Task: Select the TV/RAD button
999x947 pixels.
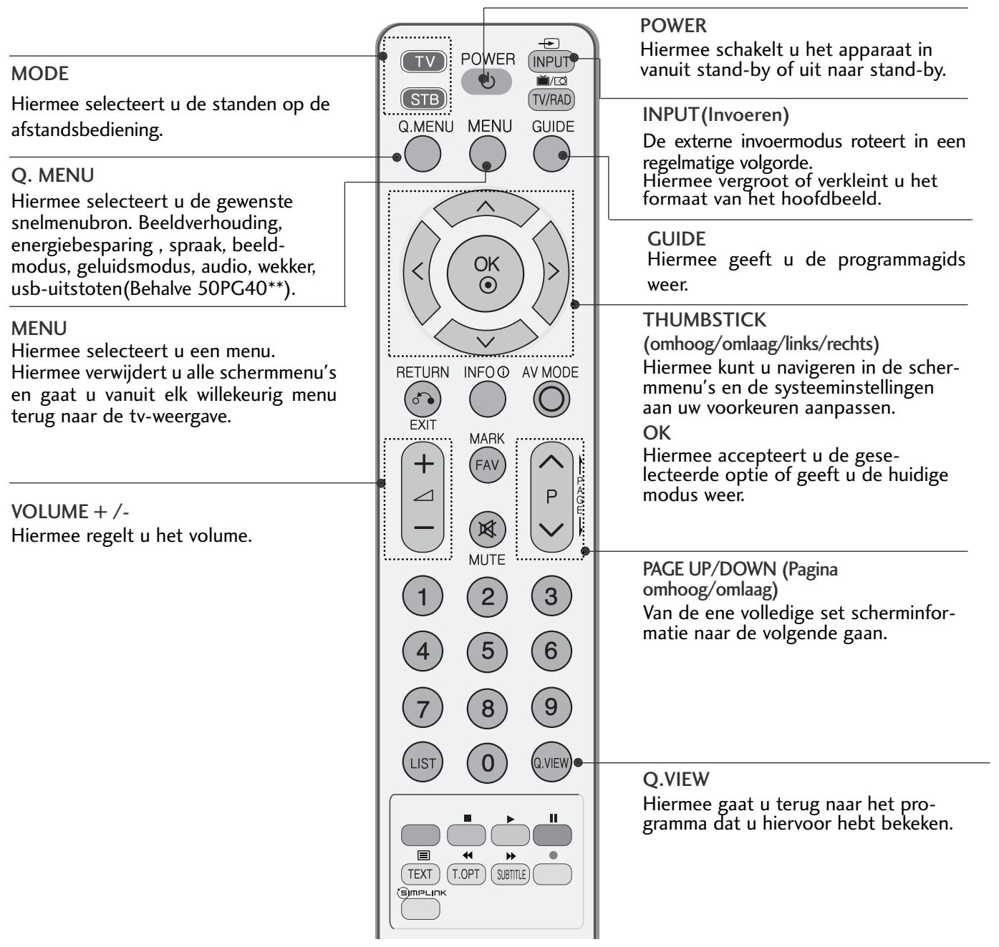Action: pyautogui.click(x=551, y=99)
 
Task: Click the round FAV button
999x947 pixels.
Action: pyautogui.click(x=487, y=465)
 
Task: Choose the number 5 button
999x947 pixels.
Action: pyautogui.click(x=487, y=651)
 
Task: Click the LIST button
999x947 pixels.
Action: pyautogui.click(x=423, y=763)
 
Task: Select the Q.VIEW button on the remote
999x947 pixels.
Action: pyautogui.click(x=551, y=763)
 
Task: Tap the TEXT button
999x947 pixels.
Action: pyautogui.click(x=420, y=873)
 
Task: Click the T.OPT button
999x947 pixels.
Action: pyautogui.click(x=466, y=873)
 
